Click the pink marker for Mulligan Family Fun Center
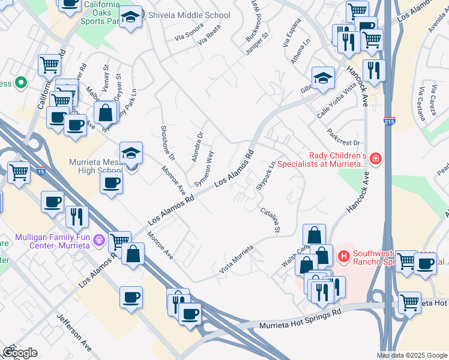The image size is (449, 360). tap(100, 241)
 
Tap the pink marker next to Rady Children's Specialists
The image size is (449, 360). tap(375, 158)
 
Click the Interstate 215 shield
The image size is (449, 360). tap(390, 120)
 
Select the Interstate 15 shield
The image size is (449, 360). tap(41, 171)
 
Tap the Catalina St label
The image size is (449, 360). tap(270, 220)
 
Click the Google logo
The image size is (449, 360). tap(20, 353)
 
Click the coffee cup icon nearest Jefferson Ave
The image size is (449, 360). tap(131, 296)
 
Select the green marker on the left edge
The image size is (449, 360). tap(21, 83)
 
